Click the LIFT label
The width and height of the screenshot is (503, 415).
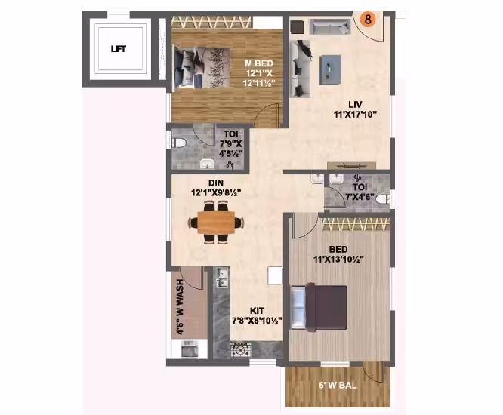coord(119,49)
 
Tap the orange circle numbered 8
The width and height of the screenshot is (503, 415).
coord(368,19)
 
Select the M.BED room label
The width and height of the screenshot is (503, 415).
coord(259,63)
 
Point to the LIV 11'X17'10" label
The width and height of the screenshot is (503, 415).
coord(355,109)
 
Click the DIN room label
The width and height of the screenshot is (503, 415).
coord(216,183)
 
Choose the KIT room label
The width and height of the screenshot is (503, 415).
coord(257,311)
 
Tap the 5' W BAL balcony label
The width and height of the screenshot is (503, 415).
coord(338,386)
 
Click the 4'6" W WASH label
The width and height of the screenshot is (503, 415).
coord(180,306)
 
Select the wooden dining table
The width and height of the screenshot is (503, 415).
coord(216,223)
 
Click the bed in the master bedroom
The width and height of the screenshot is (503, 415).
coord(202,67)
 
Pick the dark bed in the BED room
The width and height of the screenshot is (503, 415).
coord(319,307)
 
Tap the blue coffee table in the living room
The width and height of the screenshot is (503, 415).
coord(330,69)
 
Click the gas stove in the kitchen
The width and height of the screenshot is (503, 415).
coord(241,350)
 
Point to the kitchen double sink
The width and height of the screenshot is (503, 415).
coord(221,278)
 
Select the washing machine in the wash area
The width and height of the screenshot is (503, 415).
coord(190,349)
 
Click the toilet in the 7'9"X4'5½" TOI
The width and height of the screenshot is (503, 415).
coord(179,143)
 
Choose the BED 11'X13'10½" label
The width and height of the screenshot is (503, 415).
coord(338,254)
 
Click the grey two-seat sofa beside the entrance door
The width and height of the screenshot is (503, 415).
coord(330,26)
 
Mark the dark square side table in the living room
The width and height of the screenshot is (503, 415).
coord(297,26)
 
